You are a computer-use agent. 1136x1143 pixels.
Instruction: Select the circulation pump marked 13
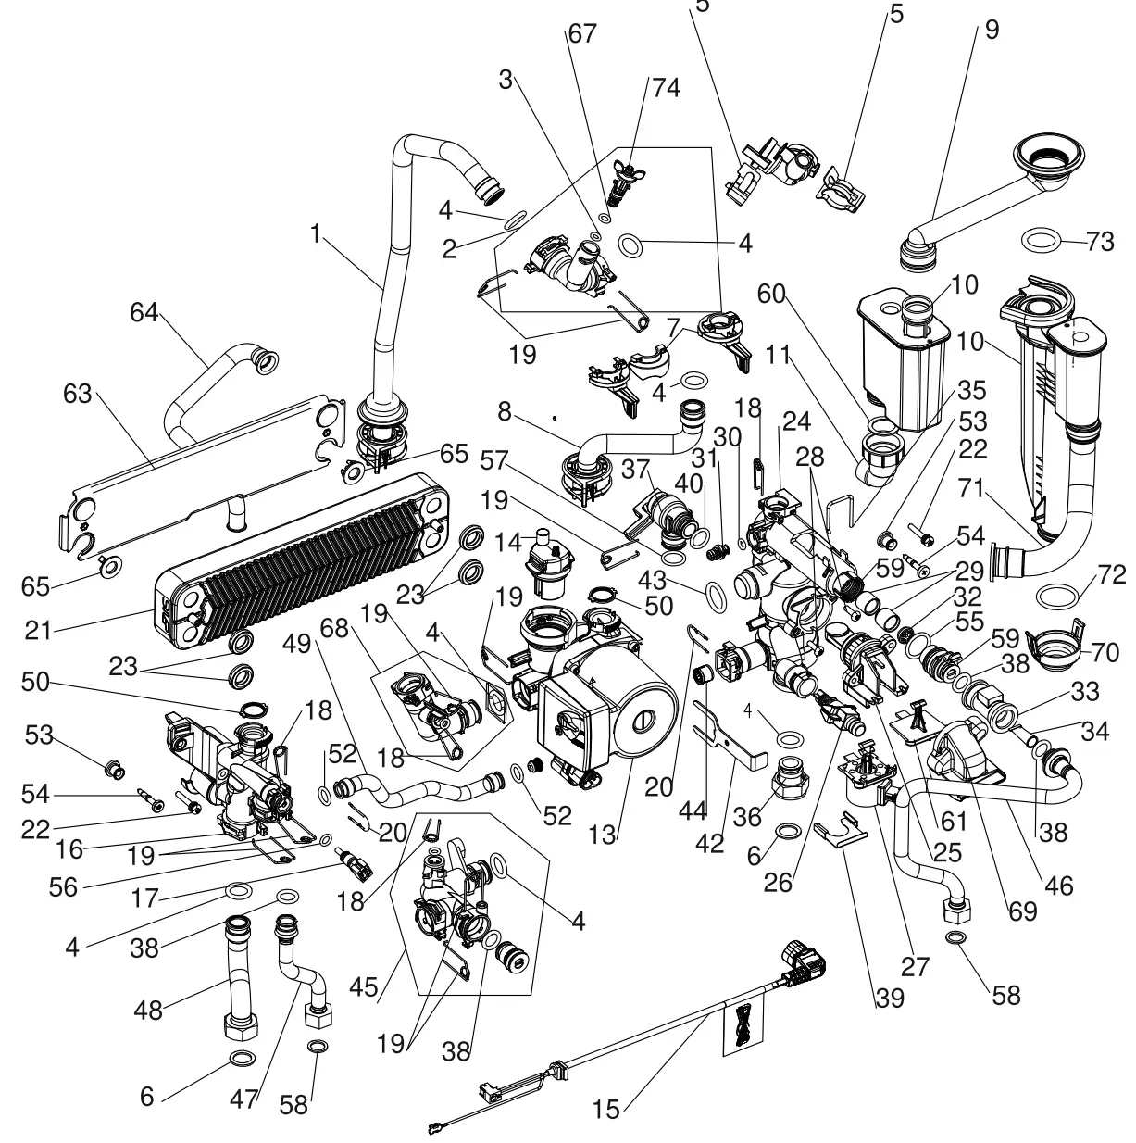tap(593, 704)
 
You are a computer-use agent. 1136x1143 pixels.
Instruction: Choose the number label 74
tap(665, 88)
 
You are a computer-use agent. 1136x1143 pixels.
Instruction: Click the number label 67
tap(581, 34)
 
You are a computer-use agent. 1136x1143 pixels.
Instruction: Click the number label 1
tap(317, 235)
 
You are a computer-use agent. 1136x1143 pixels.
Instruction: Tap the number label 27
tap(914, 966)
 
